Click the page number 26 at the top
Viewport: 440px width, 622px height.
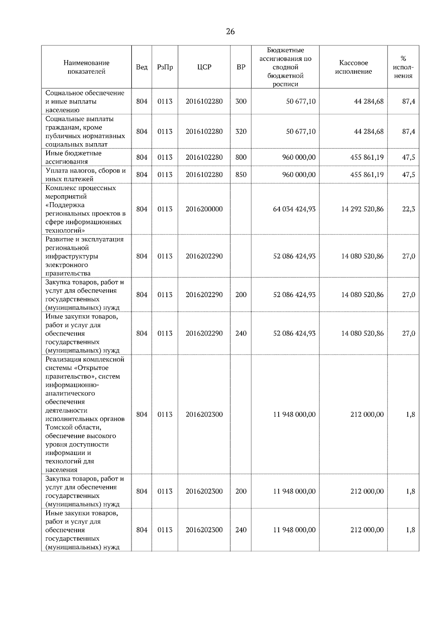[x=230, y=32]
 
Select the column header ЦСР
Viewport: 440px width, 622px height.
[x=204, y=67]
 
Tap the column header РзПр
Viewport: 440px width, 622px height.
[x=165, y=67]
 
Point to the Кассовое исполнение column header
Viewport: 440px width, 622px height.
[x=353, y=67]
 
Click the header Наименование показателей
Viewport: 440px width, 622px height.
[x=86, y=67]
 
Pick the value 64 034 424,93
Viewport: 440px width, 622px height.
[x=294, y=209]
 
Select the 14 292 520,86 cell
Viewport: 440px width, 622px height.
[x=362, y=209]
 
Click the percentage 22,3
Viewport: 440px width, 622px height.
[x=408, y=209]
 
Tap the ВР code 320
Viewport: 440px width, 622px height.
[x=241, y=132]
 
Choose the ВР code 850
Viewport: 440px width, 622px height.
[x=241, y=175]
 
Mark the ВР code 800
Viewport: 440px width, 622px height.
[x=241, y=158]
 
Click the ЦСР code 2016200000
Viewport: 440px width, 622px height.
[x=204, y=209]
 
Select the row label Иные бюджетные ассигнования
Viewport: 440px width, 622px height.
[x=73, y=157]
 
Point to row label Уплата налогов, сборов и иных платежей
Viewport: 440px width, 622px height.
[x=85, y=175]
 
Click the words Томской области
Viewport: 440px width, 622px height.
[x=73, y=427]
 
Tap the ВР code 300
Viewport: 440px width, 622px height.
[x=241, y=101]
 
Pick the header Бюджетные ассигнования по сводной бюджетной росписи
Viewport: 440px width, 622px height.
[x=285, y=67]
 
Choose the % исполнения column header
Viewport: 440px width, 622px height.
[x=403, y=67]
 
